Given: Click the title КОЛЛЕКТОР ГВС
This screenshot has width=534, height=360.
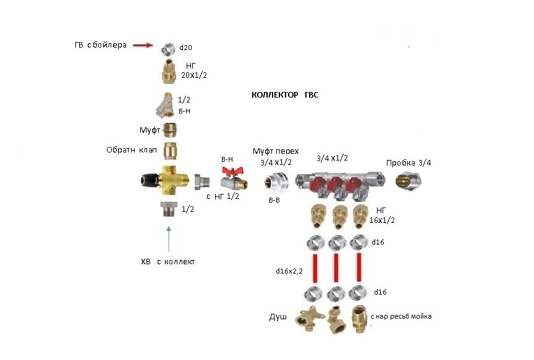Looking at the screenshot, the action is pyautogui.click(x=285, y=95).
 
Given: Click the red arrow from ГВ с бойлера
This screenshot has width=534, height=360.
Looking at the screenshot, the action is pyautogui.click(x=143, y=45).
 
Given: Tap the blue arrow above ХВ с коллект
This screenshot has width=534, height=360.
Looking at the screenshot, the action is pyautogui.click(x=169, y=239).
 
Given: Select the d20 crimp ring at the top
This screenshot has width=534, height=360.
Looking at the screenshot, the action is pyautogui.click(x=168, y=49).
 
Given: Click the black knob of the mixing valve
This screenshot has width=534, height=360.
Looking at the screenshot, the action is pyautogui.click(x=150, y=180).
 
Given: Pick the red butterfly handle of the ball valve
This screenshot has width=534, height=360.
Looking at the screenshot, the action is pyautogui.click(x=232, y=171).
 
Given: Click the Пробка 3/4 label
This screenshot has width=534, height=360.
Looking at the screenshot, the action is pyautogui.click(x=409, y=163).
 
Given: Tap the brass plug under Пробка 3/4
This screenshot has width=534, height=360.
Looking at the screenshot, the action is pyautogui.click(x=409, y=181).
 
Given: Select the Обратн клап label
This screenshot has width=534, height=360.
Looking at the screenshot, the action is pyautogui.click(x=132, y=150).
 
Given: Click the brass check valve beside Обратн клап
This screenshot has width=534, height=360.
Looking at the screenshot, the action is pyautogui.click(x=170, y=151).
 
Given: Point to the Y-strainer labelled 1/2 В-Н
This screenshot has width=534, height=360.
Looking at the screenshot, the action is pyautogui.click(x=166, y=105).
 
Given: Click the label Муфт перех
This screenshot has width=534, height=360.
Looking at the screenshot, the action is pyautogui.click(x=276, y=151).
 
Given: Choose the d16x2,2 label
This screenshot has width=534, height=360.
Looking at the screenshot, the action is pyautogui.click(x=289, y=271).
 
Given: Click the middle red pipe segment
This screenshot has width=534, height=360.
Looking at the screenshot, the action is pyautogui.click(x=336, y=267).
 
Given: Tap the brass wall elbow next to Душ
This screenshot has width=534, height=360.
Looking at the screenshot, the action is pyautogui.click(x=308, y=320).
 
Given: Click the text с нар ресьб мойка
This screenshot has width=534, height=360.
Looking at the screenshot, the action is pyautogui.click(x=401, y=316).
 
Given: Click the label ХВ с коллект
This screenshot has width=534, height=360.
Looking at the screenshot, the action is pyautogui.click(x=168, y=262).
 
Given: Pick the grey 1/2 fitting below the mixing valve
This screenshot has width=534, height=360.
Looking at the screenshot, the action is pyautogui.click(x=169, y=209).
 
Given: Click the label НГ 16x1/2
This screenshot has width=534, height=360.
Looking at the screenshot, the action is pyautogui.click(x=382, y=216).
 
